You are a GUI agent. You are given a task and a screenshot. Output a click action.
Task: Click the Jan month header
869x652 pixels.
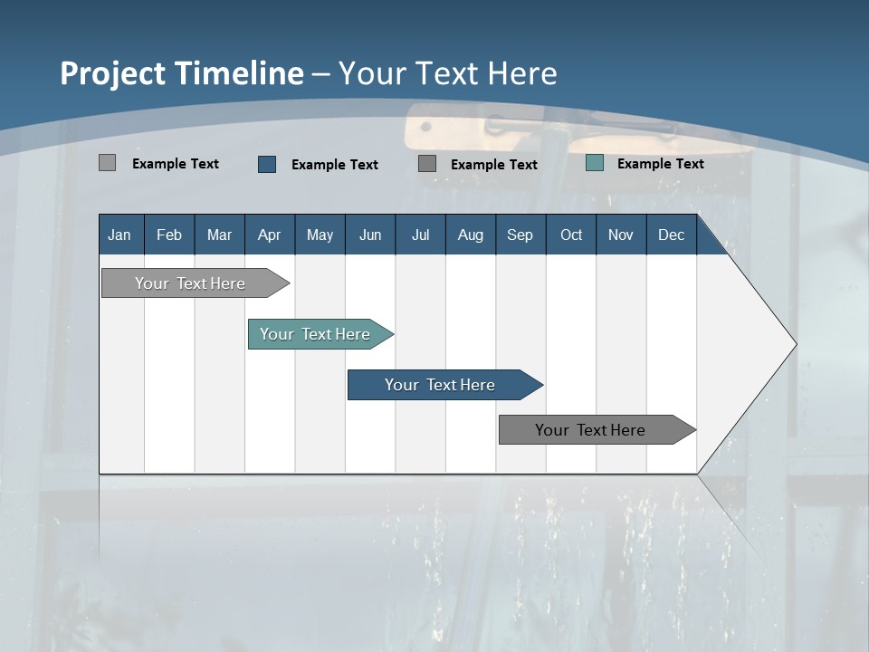[119, 235]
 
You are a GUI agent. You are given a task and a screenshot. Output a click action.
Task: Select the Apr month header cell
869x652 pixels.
[269, 235]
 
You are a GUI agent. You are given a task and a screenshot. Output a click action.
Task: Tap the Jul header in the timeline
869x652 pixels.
[420, 235]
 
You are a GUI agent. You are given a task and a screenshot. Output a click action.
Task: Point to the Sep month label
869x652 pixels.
[520, 235]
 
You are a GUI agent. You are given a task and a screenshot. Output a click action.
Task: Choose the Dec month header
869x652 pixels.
[671, 235]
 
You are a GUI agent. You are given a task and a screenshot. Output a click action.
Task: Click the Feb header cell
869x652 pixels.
[169, 235]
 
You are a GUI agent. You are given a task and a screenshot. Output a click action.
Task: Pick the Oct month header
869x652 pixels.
[571, 235]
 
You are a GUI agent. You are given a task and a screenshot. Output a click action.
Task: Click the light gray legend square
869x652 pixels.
[107, 163]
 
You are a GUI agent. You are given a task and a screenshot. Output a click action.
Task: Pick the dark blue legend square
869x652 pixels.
[267, 164]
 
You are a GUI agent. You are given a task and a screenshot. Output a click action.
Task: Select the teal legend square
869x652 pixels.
[595, 163]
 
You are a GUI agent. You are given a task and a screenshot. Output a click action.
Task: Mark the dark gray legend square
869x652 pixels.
[427, 164]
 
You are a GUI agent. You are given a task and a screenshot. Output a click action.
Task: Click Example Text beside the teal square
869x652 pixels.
[660, 164]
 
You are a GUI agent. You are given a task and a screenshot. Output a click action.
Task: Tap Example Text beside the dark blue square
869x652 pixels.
[334, 165]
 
